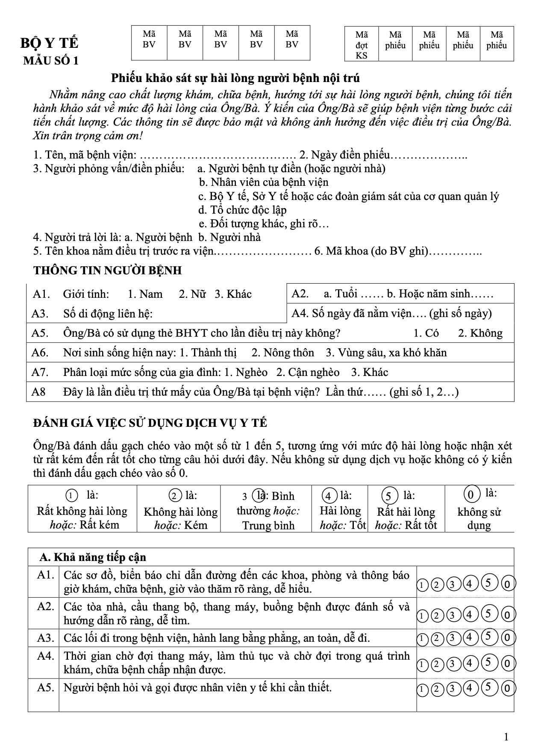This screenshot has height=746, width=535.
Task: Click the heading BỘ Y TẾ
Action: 50,44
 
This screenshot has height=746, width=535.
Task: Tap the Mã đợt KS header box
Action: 362,44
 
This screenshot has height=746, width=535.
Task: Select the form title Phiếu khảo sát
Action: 235,78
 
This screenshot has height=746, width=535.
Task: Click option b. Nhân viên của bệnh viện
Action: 264,182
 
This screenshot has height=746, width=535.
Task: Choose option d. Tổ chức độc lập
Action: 242,210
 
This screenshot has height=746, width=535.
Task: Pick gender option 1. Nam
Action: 145,294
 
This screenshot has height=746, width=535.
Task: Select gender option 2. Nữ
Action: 192,294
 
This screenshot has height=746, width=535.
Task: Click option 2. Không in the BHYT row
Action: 480,333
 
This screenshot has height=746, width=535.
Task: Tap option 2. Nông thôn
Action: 283,353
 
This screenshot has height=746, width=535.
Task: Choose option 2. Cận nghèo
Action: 308,373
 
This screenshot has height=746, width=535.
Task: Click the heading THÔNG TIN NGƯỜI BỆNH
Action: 108,270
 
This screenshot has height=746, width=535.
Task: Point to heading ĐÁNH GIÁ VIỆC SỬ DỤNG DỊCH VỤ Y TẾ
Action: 150,423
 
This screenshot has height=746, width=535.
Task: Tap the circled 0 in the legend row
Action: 470,495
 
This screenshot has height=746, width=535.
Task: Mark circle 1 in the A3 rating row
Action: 422,639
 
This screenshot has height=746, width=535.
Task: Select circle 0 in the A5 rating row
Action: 508,689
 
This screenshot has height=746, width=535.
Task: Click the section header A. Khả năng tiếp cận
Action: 93,558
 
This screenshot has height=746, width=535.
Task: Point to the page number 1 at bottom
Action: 506,737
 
